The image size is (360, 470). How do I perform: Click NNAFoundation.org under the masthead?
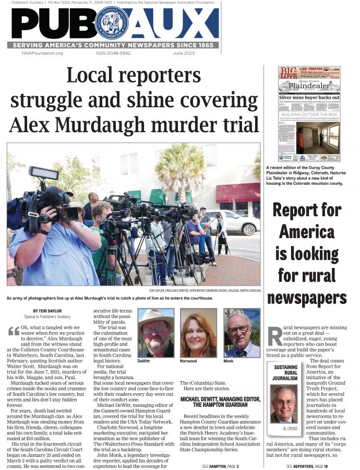coord(42,53)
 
